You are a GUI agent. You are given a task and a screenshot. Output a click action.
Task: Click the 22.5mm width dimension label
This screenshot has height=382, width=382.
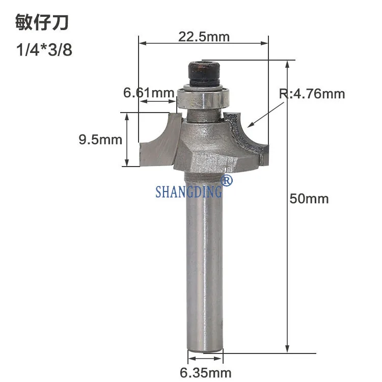(x=204, y=37)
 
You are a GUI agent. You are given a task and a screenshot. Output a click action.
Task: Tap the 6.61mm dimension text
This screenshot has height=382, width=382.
(x=149, y=93)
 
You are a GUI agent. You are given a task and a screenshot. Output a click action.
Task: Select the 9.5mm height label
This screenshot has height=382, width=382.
(x=100, y=140)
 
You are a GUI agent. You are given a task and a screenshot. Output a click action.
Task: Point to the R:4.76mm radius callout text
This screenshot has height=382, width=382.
(x=312, y=94)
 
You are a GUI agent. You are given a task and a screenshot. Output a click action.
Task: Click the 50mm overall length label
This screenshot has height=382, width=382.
(x=309, y=199)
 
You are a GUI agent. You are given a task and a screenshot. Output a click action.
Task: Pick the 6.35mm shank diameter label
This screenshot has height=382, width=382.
(x=205, y=373)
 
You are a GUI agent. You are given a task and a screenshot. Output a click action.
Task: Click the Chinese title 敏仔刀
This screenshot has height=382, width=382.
(x=42, y=22)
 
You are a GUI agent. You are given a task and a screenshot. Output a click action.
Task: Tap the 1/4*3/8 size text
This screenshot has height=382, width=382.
(x=44, y=50)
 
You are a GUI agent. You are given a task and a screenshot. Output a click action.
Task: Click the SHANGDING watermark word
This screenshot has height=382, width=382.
(x=189, y=192)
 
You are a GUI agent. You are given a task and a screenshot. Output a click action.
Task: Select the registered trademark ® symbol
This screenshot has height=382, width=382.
(x=226, y=180)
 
